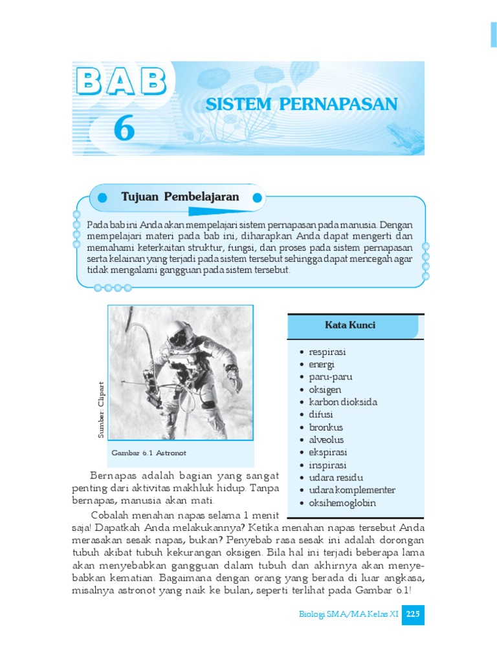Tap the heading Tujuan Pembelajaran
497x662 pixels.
[181, 197]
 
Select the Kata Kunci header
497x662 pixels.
[350, 325]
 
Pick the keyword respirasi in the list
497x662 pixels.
[327, 352]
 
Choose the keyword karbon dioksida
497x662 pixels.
[343, 402]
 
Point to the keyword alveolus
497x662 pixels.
[327, 440]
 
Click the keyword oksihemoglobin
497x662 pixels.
[342, 503]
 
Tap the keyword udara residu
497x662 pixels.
[332, 478]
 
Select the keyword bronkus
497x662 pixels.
[326, 427]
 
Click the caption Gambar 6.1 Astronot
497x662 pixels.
[149, 453]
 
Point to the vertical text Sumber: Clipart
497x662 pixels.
[101, 411]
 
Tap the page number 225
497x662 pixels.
[413, 615]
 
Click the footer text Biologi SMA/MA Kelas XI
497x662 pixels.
[349, 615]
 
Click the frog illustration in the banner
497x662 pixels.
[405, 135]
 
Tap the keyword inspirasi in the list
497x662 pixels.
[328, 465]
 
